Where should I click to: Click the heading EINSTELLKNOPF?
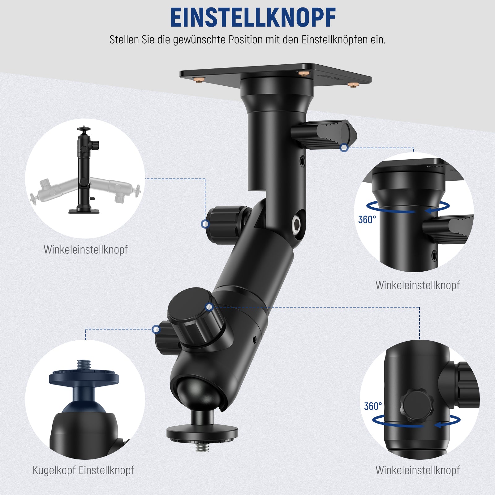pos(253,18)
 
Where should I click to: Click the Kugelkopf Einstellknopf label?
pos(83,470)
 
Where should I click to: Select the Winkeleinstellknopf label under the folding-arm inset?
pos(86,250)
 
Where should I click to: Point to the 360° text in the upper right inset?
pos(367,220)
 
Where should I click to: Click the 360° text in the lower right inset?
pos(373,406)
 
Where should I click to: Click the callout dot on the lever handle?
pos(344,148)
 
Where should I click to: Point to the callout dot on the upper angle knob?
pos(205,224)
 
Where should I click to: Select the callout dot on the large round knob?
pos(209,307)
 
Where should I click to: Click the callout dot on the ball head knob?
pos(156,329)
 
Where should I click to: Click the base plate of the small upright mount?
pos(84,212)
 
